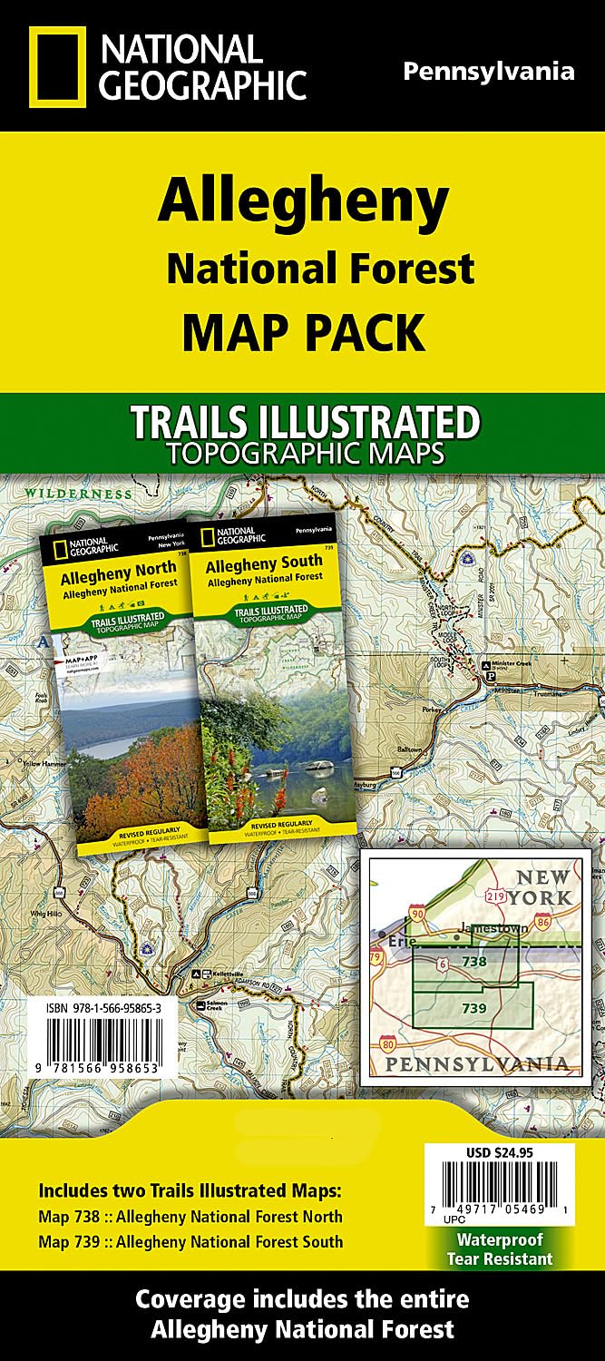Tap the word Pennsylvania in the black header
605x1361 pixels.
click(488, 72)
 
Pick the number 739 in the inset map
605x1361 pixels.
click(474, 1008)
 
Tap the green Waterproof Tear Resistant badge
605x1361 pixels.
click(499, 1249)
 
